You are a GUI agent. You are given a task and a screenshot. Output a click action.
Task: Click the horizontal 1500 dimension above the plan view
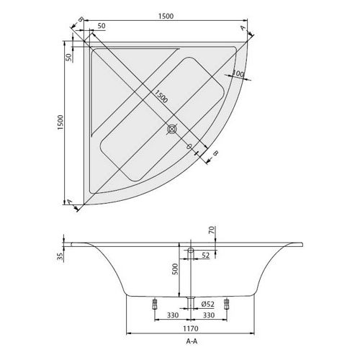point(166,16)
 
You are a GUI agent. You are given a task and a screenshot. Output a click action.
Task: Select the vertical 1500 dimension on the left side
point(60,122)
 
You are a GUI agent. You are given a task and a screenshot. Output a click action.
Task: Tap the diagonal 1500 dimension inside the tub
point(161,96)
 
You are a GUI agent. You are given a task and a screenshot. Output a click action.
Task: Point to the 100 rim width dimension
point(238,74)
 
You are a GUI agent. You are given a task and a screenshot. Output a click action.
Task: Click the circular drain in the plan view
point(172,129)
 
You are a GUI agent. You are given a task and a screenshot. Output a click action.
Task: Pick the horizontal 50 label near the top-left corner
point(102,26)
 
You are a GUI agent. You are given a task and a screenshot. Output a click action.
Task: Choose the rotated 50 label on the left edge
point(68,57)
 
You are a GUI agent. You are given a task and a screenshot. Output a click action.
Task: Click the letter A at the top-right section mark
point(243,28)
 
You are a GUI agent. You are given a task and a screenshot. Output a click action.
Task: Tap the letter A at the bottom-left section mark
point(69,202)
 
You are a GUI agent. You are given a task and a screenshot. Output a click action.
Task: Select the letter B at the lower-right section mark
point(216,153)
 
